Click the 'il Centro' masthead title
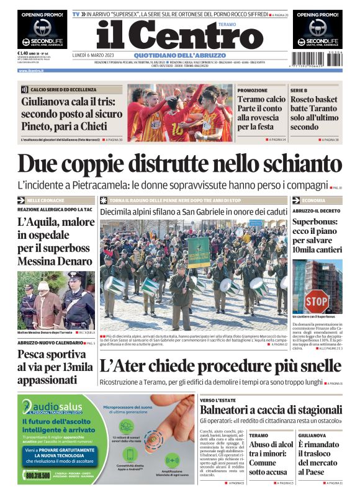coord(170,35)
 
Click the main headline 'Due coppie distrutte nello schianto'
coord(180,164)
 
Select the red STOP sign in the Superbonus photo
coord(316,301)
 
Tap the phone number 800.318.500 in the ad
coord(38,475)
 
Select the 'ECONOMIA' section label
coord(313,201)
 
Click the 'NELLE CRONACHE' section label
coord(44,201)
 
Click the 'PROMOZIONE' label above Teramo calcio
coord(253,90)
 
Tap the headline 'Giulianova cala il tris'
coord(69,107)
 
